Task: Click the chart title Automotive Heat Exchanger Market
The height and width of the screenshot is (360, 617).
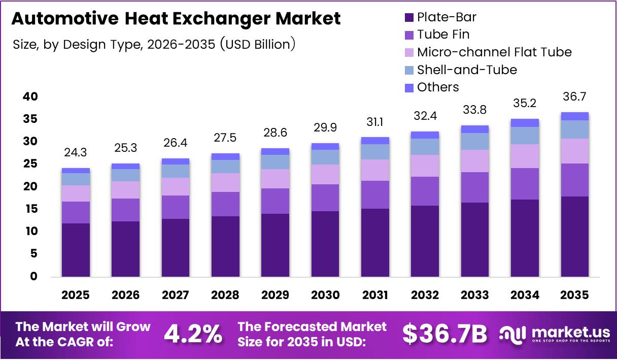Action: pos(176,19)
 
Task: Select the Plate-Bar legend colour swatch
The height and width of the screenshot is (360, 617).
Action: pos(409,18)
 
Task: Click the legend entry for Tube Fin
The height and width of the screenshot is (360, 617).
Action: pos(442,35)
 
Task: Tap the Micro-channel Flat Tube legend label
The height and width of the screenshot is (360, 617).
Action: pos(494,52)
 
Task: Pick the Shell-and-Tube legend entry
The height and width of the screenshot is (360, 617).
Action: pos(466,70)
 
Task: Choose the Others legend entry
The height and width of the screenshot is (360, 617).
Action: pos(437,87)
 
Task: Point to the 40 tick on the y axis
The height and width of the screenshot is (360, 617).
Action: pos(30,96)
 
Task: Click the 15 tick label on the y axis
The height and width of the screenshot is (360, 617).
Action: pos(30,209)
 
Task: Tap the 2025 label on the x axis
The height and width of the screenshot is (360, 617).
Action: pos(76,295)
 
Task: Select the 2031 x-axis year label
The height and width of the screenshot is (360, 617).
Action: pos(375,295)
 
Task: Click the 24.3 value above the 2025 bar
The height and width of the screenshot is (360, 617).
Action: pos(76,152)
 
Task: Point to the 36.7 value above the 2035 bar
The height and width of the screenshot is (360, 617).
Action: pos(575,96)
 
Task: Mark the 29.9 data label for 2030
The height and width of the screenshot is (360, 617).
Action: pos(325,127)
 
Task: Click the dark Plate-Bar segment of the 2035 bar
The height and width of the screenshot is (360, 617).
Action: pos(575,236)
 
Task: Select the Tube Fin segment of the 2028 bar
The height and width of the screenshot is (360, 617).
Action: pos(225,204)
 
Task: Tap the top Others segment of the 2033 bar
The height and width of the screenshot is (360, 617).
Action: pos(475,129)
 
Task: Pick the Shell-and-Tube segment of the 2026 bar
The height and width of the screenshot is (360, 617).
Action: pos(125,175)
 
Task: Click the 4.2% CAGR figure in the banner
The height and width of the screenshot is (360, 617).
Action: pos(193,334)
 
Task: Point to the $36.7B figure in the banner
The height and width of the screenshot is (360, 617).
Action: pos(444,334)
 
